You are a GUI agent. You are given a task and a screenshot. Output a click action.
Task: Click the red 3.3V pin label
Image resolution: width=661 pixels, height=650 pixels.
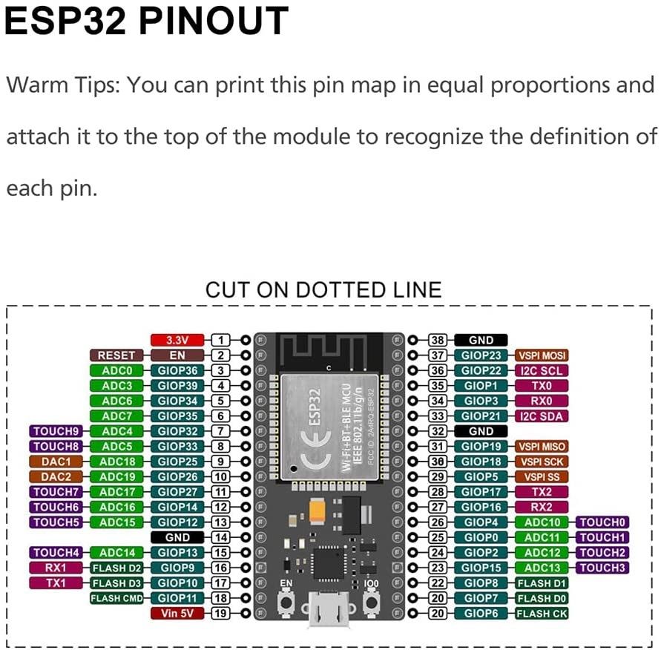(177, 340)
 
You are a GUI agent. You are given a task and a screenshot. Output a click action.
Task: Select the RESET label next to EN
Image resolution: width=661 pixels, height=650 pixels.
(116, 355)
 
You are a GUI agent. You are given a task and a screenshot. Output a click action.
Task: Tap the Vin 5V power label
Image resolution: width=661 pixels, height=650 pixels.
(177, 614)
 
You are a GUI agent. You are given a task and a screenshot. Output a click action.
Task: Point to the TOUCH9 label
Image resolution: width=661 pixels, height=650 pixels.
(56, 431)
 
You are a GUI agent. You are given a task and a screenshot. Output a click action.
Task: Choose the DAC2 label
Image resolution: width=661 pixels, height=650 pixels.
(56, 476)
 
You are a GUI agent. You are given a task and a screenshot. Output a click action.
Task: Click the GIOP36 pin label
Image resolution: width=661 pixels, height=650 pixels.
(177, 370)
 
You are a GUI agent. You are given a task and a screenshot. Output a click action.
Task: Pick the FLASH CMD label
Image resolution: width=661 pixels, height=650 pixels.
(116, 598)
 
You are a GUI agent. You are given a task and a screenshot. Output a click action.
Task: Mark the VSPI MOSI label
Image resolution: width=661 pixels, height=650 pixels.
(542, 355)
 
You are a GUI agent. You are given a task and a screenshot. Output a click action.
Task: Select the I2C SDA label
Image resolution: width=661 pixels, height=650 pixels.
(542, 416)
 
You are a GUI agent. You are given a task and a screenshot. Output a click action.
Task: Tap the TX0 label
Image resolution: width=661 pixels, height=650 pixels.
(542, 386)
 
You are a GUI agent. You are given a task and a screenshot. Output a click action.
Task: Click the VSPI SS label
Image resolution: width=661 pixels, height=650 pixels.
(542, 476)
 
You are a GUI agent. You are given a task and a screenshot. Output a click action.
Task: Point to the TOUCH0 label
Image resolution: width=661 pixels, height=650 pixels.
(603, 522)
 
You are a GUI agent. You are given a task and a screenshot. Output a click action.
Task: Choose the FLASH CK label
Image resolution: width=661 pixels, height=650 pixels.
(542, 614)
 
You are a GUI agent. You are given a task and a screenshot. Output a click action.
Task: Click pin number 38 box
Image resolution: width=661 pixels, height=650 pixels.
(438, 340)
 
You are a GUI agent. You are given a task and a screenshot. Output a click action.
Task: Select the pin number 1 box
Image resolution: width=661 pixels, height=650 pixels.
(221, 340)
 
